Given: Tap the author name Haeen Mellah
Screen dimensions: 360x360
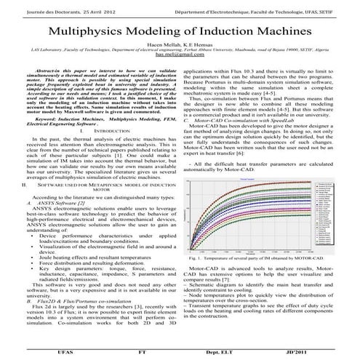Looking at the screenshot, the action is click(165, 44).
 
